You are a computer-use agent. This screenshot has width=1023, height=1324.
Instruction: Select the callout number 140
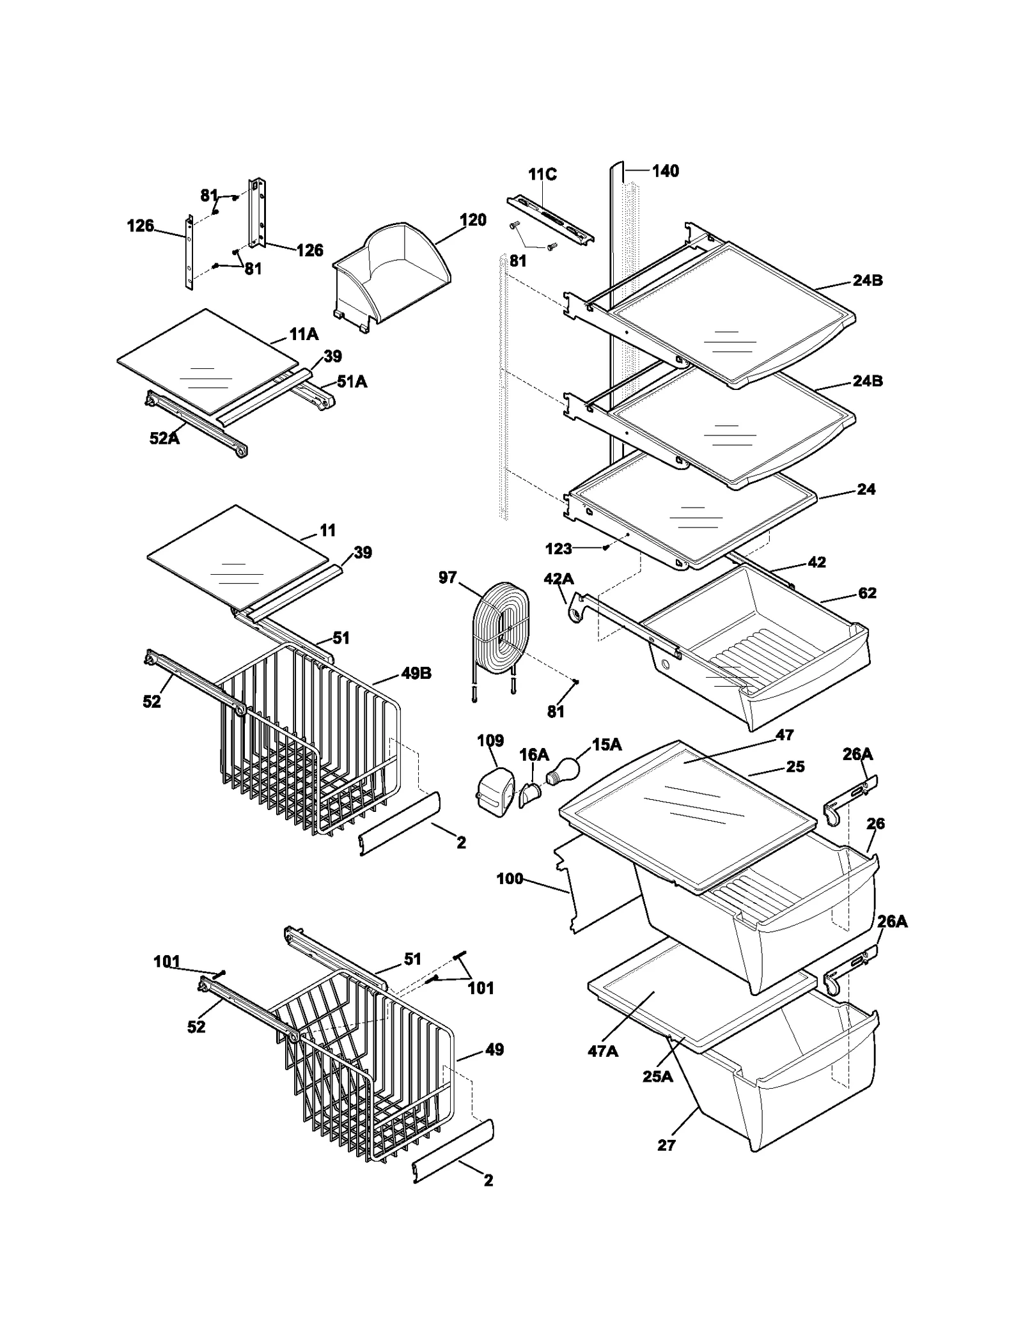tap(665, 171)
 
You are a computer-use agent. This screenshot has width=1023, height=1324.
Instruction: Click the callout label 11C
tap(542, 175)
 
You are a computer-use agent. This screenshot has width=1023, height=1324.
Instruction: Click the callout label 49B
tap(416, 673)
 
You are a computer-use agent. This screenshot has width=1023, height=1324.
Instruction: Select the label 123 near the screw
tap(558, 549)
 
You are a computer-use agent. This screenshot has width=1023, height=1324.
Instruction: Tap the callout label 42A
tap(558, 579)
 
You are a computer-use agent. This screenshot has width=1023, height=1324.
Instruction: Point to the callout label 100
tap(510, 878)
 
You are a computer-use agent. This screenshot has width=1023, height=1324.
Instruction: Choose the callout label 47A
tap(603, 1051)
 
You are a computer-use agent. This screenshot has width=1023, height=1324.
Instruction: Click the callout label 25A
tap(658, 1077)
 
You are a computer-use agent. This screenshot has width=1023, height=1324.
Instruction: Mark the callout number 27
tap(666, 1145)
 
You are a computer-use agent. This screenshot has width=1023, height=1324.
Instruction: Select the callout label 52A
tap(164, 438)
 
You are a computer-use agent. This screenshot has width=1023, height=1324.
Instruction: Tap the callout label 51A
tap(352, 382)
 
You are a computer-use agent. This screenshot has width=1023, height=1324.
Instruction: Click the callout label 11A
tap(304, 334)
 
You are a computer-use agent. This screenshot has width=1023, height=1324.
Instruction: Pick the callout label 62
tap(867, 593)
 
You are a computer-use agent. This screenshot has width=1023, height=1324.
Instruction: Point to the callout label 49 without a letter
tap(494, 1049)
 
